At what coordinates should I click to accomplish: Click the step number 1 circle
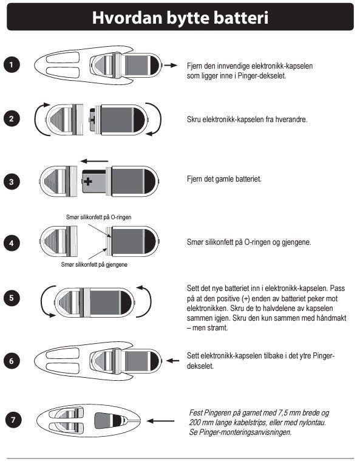coord(12,64)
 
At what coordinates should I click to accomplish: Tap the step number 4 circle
coord(12,243)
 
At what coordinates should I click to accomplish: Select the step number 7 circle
coord(13,420)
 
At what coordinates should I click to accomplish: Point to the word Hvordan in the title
coord(127,18)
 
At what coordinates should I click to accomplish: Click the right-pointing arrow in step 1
coord(171,65)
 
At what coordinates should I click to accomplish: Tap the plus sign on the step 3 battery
coord(88,182)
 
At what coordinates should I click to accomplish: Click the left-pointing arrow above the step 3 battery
coord(94,161)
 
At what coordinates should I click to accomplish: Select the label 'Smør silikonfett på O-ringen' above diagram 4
coord(99,217)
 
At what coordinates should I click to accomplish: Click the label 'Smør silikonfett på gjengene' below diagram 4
coord(94,265)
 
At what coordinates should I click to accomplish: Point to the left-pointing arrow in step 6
coord(173,360)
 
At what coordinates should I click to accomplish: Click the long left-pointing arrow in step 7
coord(160,421)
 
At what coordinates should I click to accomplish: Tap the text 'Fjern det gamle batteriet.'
coord(224,179)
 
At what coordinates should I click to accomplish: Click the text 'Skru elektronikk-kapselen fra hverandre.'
coord(247,120)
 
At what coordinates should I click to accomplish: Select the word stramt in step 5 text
coord(218,328)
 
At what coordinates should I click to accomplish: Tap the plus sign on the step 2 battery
coord(93,119)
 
